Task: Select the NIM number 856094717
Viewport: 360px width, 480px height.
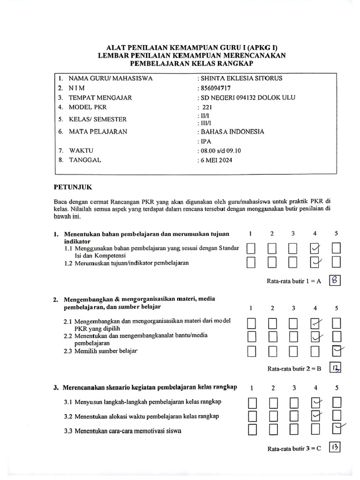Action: coord(216,88)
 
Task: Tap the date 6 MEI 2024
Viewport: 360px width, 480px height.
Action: coord(217,160)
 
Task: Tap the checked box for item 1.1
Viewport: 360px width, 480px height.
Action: coord(315,248)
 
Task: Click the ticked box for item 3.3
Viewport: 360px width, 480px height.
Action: coord(336,427)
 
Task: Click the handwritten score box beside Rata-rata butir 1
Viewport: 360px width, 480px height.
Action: coord(335,280)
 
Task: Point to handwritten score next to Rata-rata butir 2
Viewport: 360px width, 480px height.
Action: coord(335,368)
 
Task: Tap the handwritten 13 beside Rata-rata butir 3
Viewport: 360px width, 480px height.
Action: coord(335,448)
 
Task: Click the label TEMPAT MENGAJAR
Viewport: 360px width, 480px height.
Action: coord(100,97)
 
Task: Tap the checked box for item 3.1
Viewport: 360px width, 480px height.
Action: coord(315,402)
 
